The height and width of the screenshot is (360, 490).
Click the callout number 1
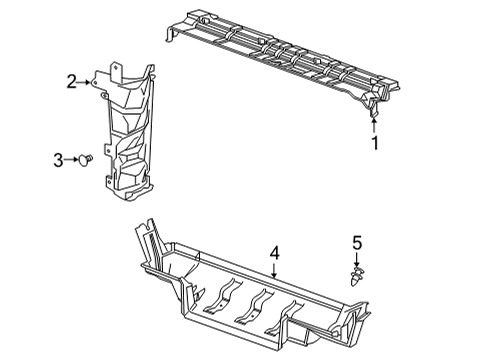click(376, 143)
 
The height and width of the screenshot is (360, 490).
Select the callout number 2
click(72, 81)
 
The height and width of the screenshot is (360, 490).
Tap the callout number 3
click(59, 158)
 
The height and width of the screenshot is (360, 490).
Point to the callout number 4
click(274, 256)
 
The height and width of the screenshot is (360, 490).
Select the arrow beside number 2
click(88, 82)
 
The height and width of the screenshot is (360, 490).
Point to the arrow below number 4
click(274, 273)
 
